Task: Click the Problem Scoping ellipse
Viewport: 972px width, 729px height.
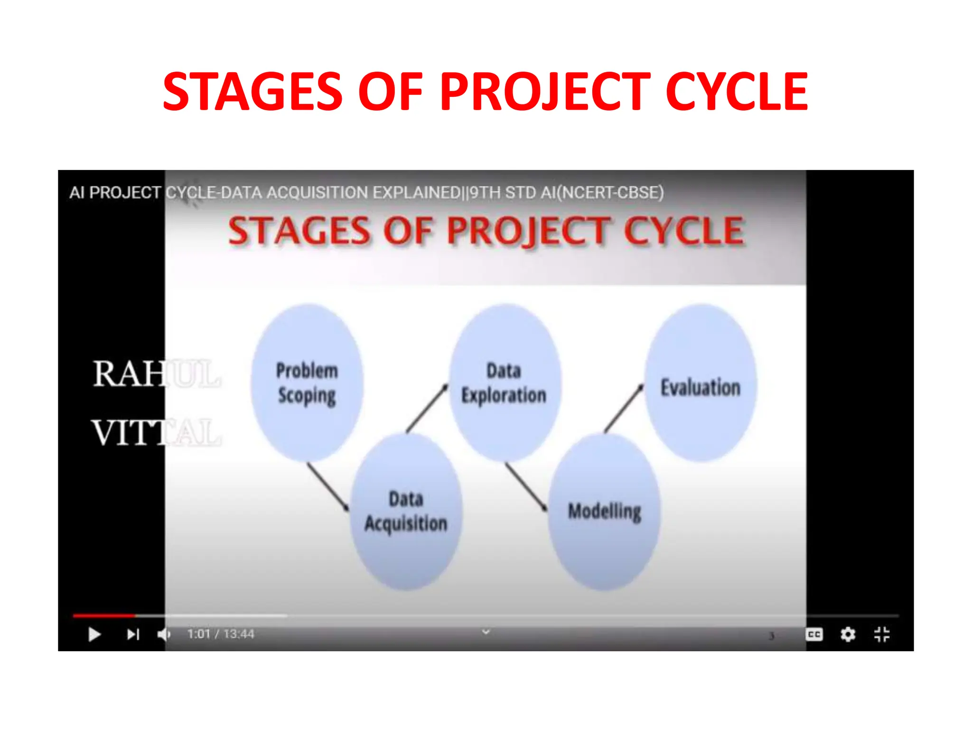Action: pyautogui.click(x=307, y=383)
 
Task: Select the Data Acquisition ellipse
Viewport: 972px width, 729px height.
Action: pyautogui.click(x=406, y=512)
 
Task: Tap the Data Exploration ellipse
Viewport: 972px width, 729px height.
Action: pyautogui.click(x=505, y=383)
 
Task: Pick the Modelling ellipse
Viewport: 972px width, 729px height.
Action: pyautogui.click(x=604, y=512)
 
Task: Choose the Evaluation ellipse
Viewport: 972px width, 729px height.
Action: pyautogui.click(x=701, y=383)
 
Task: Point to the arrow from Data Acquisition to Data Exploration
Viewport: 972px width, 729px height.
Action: pyautogui.click(x=427, y=408)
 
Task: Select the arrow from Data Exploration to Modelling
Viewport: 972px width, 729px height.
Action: pyautogui.click(x=525, y=486)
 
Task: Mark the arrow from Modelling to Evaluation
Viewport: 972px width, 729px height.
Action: pyautogui.click(x=624, y=408)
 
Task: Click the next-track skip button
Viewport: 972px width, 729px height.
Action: pyautogui.click(x=133, y=635)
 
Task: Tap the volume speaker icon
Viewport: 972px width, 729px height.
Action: pyautogui.click(x=164, y=635)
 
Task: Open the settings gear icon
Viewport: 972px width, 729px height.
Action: pyautogui.click(x=848, y=635)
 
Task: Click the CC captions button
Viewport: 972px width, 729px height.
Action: pyautogui.click(x=814, y=635)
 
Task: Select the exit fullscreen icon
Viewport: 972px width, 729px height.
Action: pyautogui.click(x=881, y=635)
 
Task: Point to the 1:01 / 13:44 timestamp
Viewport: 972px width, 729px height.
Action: pyautogui.click(x=221, y=634)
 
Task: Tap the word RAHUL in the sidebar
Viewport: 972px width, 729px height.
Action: pyautogui.click(x=157, y=374)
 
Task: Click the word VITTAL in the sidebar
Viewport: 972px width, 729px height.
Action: pyautogui.click(x=157, y=433)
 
